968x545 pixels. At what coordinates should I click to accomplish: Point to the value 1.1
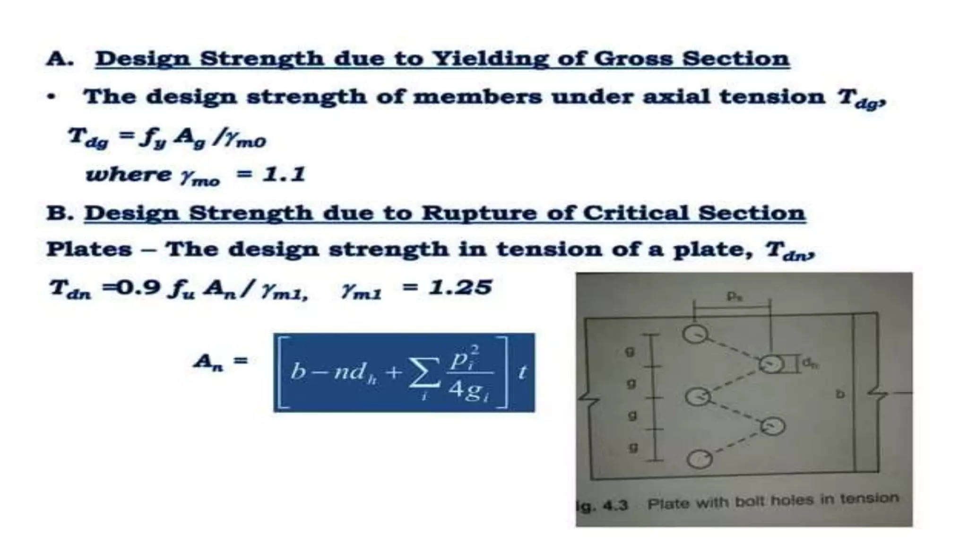pos(284,175)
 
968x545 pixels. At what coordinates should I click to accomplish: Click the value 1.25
pos(460,288)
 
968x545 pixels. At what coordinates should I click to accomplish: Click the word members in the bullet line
pos(477,97)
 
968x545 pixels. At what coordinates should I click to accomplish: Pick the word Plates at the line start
pos(89,249)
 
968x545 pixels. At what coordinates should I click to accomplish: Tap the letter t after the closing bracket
pos(522,373)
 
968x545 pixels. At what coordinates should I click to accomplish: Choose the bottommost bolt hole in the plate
pos(700,458)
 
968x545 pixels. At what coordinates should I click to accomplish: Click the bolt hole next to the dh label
pos(771,364)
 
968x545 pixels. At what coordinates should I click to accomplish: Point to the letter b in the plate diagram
pos(840,394)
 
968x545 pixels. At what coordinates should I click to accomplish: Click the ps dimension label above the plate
pos(733,297)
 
